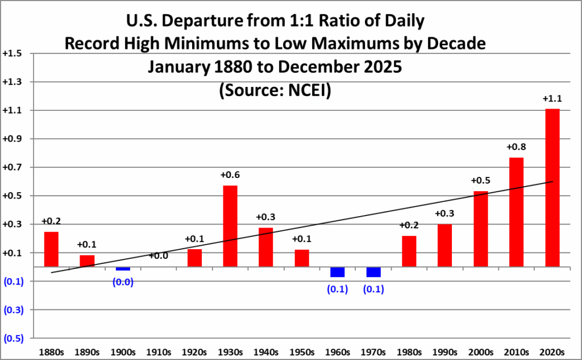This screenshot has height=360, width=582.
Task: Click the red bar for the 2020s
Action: tap(552, 188)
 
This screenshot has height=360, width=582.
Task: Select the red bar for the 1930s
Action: tap(230, 226)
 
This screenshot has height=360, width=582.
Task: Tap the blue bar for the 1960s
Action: tap(337, 272)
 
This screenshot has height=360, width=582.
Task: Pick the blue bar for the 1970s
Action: tap(373, 272)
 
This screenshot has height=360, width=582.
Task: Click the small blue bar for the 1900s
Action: tap(123, 268)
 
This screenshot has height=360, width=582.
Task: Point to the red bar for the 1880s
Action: tap(51, 249)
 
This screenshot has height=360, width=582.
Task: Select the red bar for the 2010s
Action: tap(516, 212)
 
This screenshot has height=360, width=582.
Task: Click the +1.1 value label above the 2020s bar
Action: tap(552, 99)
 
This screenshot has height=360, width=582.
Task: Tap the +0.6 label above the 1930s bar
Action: tap(230, 175)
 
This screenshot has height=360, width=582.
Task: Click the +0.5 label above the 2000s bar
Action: tap(480, 181)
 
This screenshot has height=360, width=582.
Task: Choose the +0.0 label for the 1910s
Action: tap(159, 256)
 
